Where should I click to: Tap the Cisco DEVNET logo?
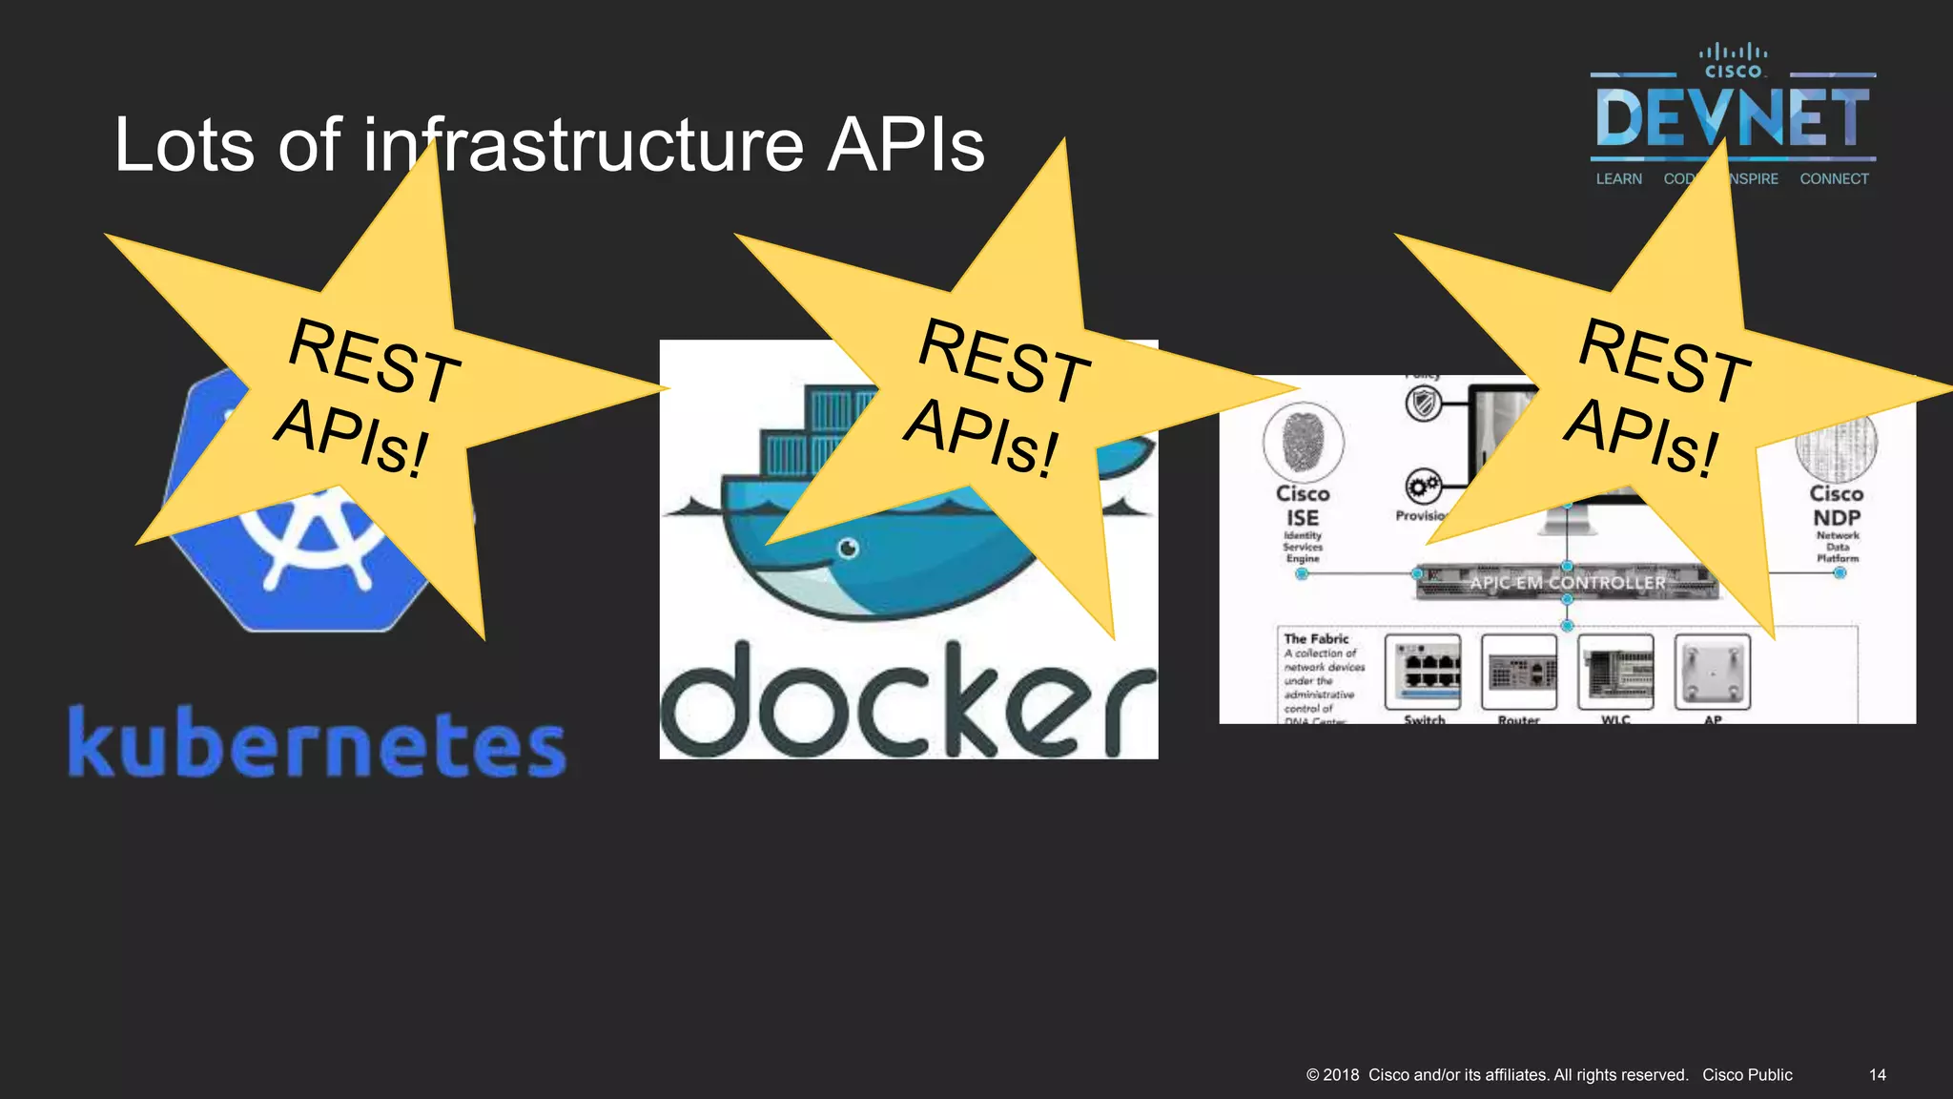[1732, 114]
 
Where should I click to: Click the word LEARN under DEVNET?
[1618, 179]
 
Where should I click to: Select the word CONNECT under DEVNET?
[1834, 179]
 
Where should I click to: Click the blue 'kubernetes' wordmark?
[318, 743]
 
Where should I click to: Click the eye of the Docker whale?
[848, 548]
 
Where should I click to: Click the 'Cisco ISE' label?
[1303, 506]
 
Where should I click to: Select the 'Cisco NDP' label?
[1837, 506]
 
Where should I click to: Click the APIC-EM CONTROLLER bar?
[1566, 582]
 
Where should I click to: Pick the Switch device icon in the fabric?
[1423, 670]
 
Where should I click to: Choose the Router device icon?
[1519, 672]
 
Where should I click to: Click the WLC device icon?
[1615, 672]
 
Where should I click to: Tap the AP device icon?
[1713, 672]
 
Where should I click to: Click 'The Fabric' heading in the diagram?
[1316, 638]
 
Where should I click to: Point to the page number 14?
[1877, 1075]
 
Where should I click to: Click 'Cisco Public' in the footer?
[1747, 1075]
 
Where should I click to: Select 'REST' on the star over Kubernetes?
[374, 360]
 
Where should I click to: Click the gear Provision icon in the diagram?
[1423, 487]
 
